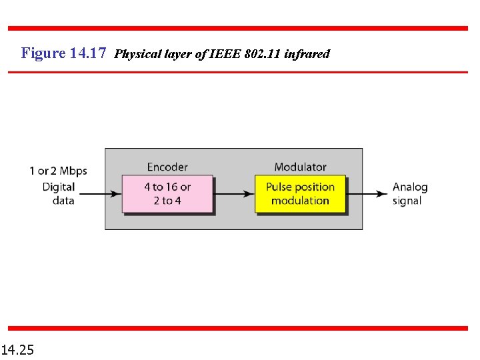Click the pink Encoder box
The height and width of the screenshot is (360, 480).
[x=167, y=194]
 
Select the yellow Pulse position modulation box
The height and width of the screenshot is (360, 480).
[x=300, y=194]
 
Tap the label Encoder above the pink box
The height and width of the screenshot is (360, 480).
[x=167, y=167]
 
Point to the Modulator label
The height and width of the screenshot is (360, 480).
[x=300, y=167]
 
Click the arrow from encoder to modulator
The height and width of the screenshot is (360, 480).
[x=233, y=194]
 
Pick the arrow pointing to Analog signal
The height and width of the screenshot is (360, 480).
[x=367, y=194]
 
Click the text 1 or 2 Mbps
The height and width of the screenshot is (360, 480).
[x=58, y=171]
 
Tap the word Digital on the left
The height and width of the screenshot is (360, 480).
[x=59, y=187]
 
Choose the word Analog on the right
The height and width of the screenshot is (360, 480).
[x=410, y=187]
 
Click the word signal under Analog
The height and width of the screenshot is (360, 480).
[x=407, y=201]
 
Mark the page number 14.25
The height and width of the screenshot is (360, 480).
[x=18, y=349]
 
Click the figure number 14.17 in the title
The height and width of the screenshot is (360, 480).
[x=88, y=53]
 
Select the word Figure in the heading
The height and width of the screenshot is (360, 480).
[x=43, y=53]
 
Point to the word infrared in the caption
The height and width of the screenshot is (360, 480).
[x=307, y=54]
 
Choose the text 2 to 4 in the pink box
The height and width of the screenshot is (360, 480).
[x=167, y=201]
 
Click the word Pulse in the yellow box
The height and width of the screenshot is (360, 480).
[x=279, y=187]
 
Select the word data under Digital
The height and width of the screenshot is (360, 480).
[x=63, y=201]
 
